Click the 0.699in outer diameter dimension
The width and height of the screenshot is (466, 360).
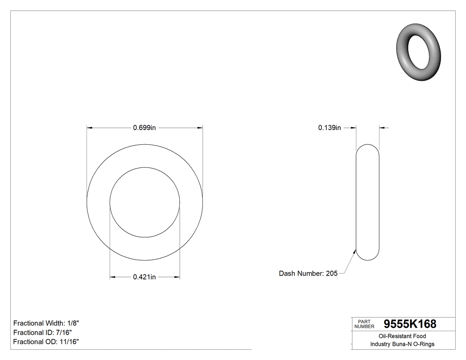[144, 128]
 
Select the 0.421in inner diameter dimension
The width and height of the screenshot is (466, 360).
[144, 277]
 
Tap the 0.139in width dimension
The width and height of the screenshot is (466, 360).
[329, 128]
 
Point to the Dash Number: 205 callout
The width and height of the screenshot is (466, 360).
[308, 273]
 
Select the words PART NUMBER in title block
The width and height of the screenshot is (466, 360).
[364, 324]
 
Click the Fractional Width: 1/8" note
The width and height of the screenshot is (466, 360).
[46, 323]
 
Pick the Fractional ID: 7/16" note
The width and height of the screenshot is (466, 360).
[43, 332]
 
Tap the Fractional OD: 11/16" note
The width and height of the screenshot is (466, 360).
[46, 342]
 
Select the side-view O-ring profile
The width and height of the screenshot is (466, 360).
[367, 202]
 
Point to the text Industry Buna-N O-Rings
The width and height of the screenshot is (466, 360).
[402, 344]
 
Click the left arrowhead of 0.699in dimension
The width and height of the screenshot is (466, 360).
[89, 128]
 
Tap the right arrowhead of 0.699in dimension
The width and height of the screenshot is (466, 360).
[200, 128]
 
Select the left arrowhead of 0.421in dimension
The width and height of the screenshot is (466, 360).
[113, 277]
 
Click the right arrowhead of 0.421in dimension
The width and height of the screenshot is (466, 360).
[177, 277]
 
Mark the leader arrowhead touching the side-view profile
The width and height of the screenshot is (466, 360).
[355, 252]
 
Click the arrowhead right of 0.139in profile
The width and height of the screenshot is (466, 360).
[382, 128]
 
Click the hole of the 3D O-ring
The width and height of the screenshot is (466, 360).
[419, 51]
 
